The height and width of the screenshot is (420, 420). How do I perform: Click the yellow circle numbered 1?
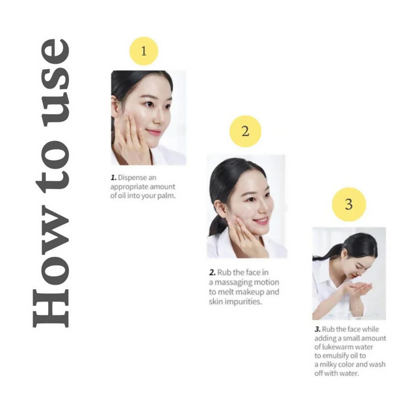click(x=144, y=51)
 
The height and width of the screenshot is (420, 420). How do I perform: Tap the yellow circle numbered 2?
click(x=245, y=131)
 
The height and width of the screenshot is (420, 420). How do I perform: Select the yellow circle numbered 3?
click(x=349, y=204)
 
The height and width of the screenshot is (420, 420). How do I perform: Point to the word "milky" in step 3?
click(x=328, y=364)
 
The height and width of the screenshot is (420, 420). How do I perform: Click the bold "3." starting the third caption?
click(x=318, y=329)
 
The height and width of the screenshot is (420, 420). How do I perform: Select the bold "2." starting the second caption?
click(x=212, y=272)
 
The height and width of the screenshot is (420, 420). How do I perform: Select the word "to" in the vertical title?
click(x=52, y=170)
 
